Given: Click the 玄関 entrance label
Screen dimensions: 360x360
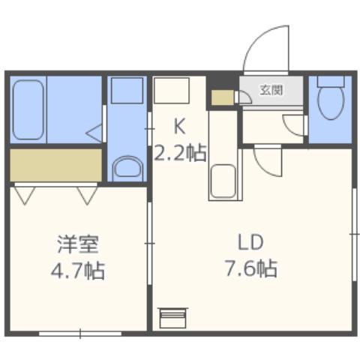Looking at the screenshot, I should [x=271, y=91].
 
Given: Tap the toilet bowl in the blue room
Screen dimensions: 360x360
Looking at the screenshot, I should [x=328, y=101].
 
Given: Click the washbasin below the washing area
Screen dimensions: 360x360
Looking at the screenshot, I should [x=128, y=167].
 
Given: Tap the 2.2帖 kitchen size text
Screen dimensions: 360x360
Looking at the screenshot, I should [x=180, y=154].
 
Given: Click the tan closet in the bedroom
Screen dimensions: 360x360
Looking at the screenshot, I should [x=55, y=164].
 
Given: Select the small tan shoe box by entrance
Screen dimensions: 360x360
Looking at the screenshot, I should [x=221, y=97].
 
